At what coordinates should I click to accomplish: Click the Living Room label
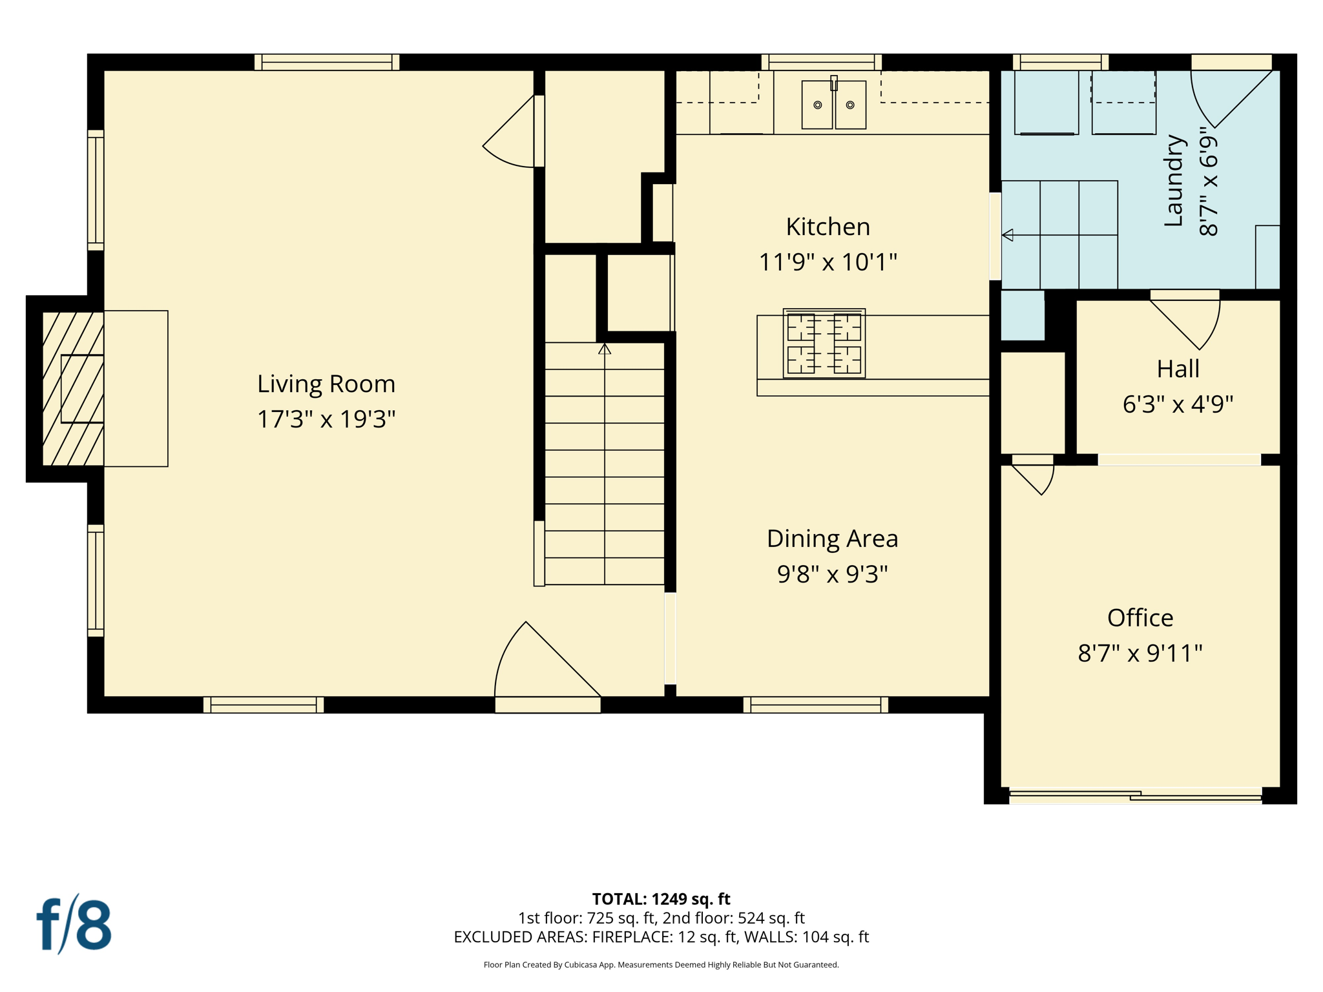(326, 384)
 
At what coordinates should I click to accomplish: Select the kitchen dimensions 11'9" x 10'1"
(828, 262)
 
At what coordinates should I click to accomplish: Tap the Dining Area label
(832, 539)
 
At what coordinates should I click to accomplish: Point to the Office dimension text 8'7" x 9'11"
(1140, 653)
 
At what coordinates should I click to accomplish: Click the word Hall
(1178, 369)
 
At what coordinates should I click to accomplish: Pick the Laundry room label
(1172, 181)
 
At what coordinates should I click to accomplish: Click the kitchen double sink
(833, 105)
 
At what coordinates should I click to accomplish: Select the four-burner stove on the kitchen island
(824, 343)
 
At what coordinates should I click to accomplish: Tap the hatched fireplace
(73, 388)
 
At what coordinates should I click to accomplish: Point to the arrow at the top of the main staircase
(604, 349)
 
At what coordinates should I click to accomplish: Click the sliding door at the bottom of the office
(1135, 796)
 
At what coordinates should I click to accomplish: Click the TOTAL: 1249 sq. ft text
(661, 898)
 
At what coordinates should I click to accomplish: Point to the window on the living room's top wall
(326, 62)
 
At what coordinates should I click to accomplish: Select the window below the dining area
(815, 705)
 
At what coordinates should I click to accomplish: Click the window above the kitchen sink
(821, 62)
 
